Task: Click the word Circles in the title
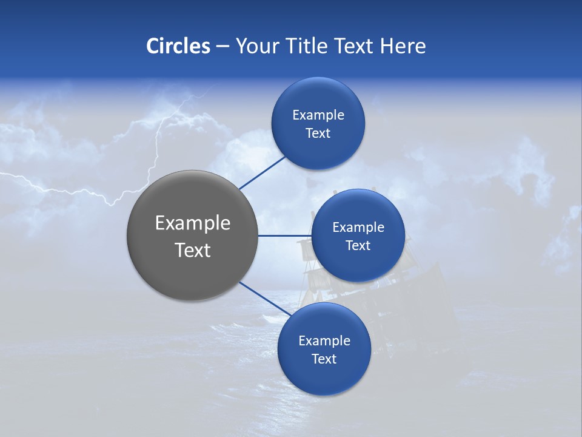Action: (x=178, y=46)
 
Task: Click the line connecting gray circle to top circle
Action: (x=262, y=172)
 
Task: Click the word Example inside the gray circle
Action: (x=193, y=223)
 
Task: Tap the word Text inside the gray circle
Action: (x=193, y=250)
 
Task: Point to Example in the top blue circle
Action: (x=318, y=115)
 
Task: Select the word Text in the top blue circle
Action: (x=318, y=134)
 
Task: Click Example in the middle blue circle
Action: (x=358, y=228)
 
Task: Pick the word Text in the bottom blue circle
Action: (x=324, y=359)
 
